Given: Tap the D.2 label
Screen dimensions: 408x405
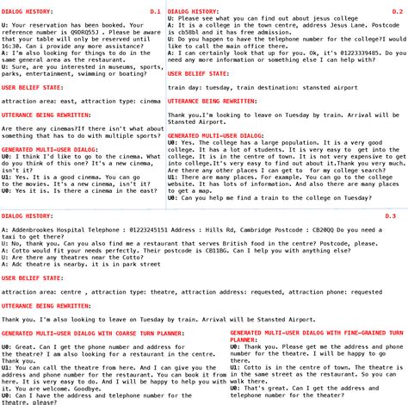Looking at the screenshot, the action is point(396,11).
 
